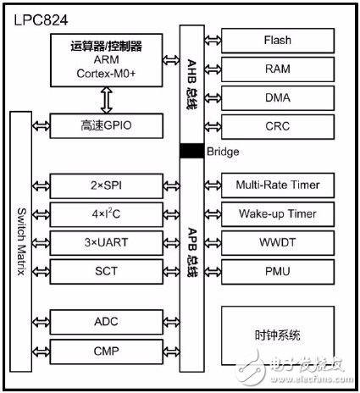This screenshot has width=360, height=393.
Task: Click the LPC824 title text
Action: [41, 20]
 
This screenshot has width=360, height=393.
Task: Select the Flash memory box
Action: [278, 41]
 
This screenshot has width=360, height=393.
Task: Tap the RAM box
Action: [278, 69]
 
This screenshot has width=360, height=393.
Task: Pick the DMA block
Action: [278, 98]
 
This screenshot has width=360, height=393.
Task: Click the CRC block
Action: [278, 126]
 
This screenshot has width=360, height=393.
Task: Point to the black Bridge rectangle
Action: [192, 151]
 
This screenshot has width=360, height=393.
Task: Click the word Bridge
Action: [223, 152]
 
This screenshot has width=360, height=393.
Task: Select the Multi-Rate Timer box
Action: [278, 185]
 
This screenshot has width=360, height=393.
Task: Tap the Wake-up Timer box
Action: [278, 214]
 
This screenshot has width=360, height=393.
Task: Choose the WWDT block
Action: [278, 243]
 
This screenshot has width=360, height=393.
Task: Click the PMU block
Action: [278, 272]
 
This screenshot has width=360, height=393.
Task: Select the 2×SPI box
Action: [107, 185]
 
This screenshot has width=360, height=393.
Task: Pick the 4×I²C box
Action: [107, 214]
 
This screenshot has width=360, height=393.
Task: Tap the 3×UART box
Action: [107, 243]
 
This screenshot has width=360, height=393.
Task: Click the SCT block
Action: [107, 272]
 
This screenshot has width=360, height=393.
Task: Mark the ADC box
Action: [107, 322]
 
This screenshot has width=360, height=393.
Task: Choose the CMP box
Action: [107, 351]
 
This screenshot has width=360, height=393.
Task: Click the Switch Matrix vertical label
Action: [21, 242]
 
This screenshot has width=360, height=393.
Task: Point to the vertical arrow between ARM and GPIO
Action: [107, 100]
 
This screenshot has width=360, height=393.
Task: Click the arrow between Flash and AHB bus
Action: [213, 41]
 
